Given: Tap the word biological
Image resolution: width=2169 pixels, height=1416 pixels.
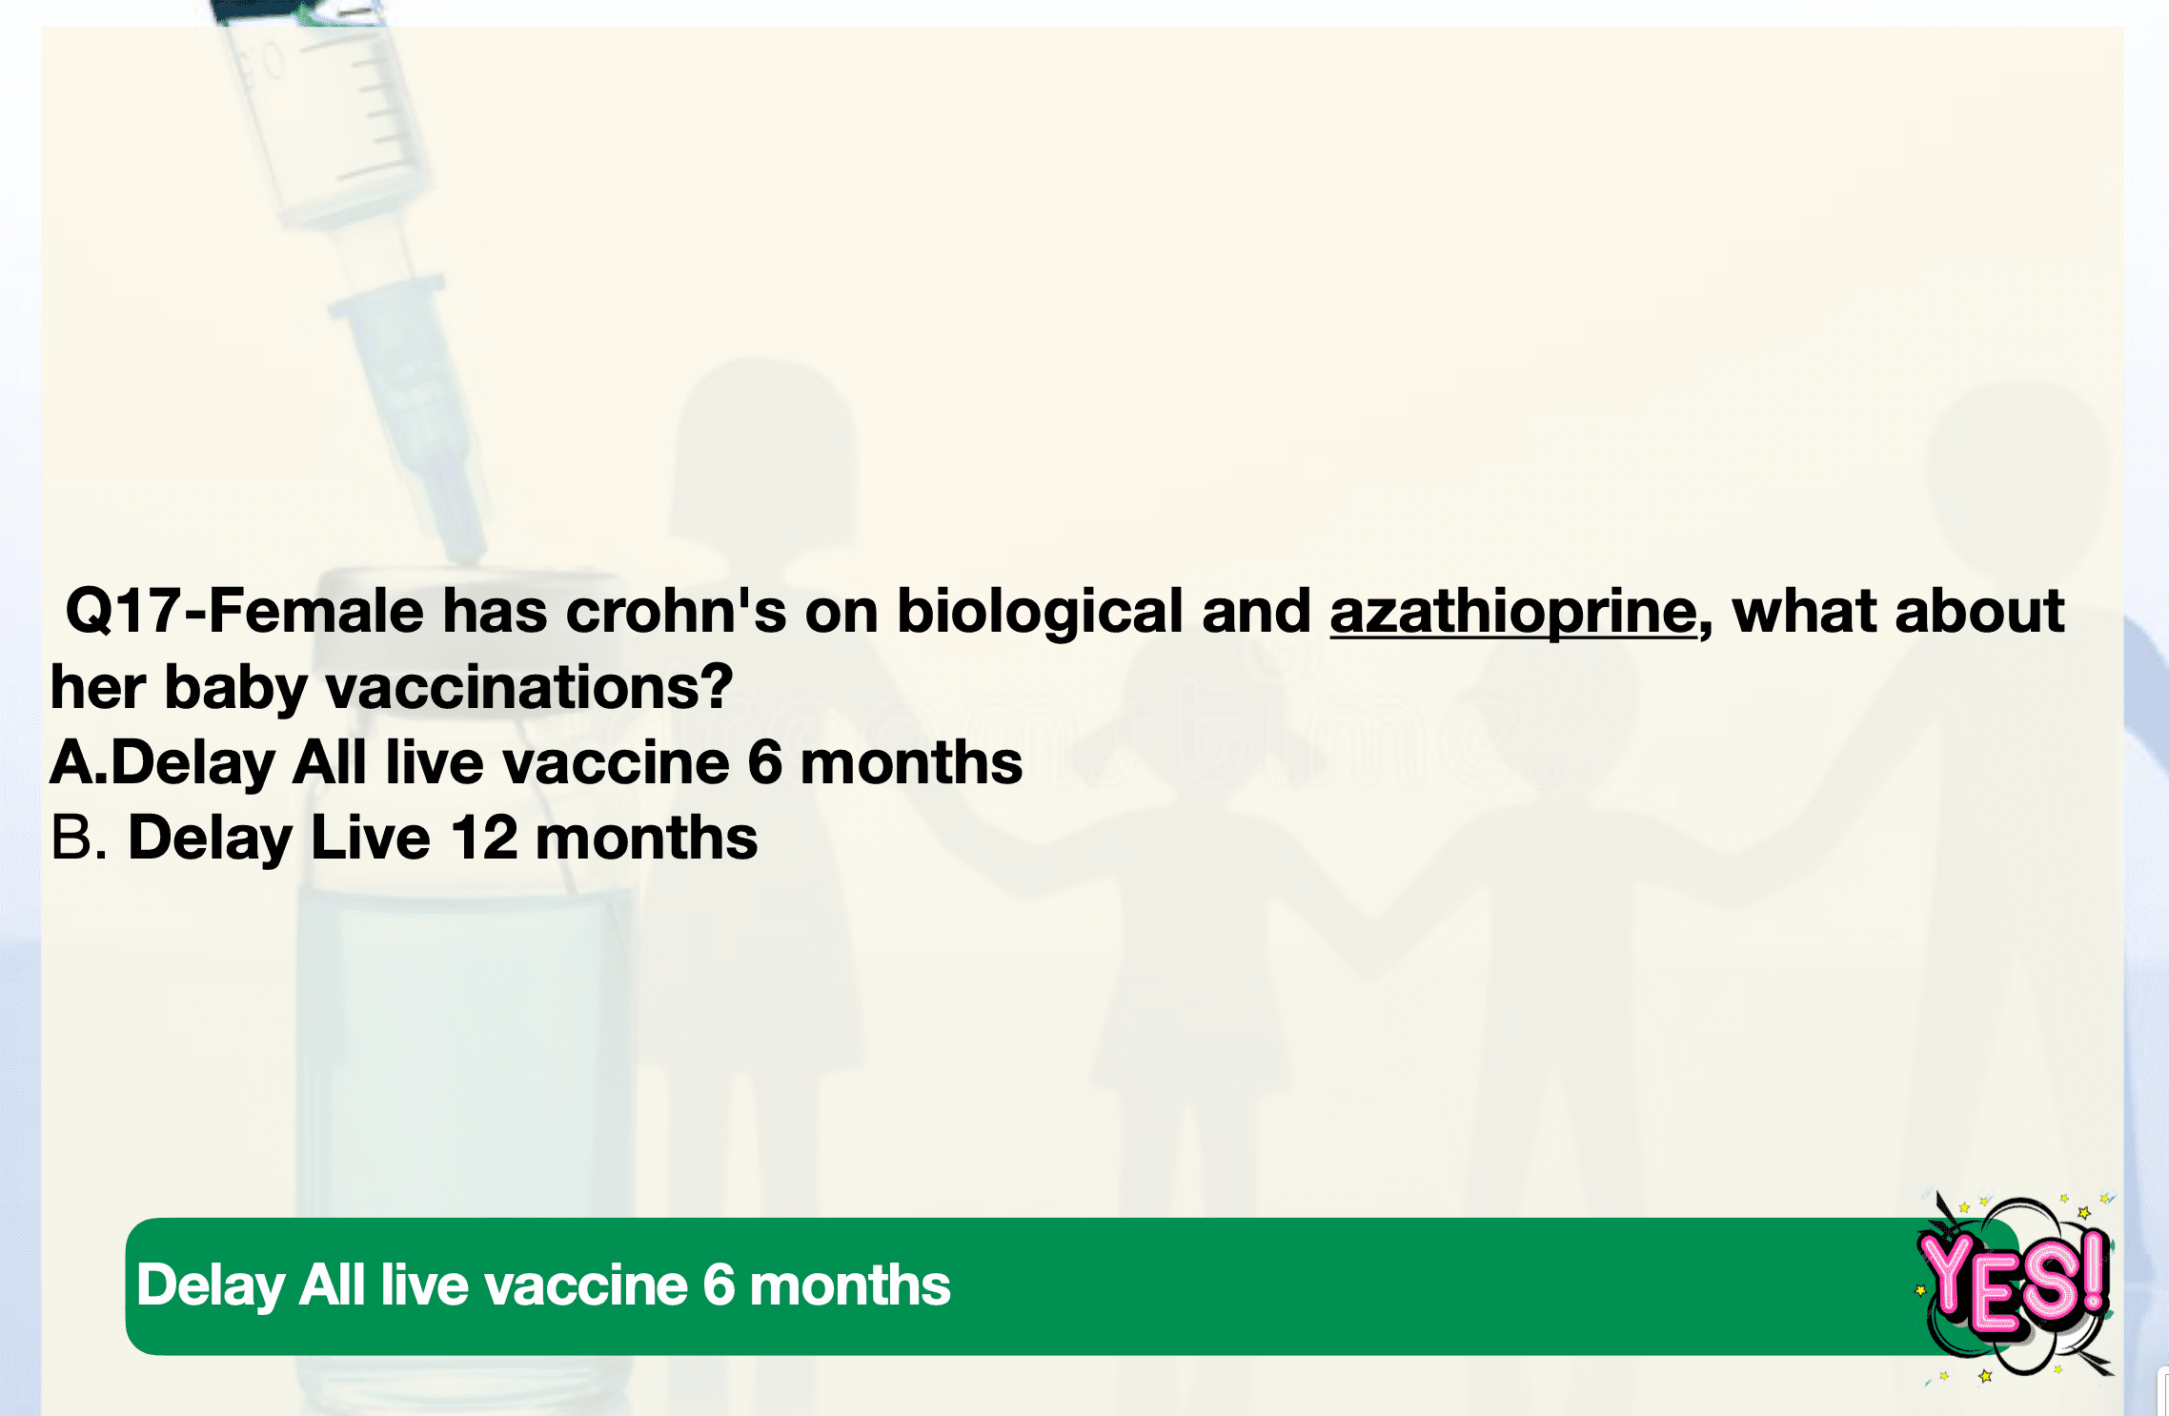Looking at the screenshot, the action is [1040, 613].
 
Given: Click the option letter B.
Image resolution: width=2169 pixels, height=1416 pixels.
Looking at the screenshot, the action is [78, 839].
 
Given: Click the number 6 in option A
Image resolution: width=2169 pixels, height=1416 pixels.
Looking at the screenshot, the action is [764, 763].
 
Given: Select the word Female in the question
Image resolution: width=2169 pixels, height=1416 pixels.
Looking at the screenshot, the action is [315, 611].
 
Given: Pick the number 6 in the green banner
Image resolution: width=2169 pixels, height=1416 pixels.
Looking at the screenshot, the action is [719, 1285].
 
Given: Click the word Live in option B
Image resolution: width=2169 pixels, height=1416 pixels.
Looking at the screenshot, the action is [371, 839].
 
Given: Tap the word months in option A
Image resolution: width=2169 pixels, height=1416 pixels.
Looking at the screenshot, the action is [911, 763].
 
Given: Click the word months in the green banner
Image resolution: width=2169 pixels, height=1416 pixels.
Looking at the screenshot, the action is [850, 1285].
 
